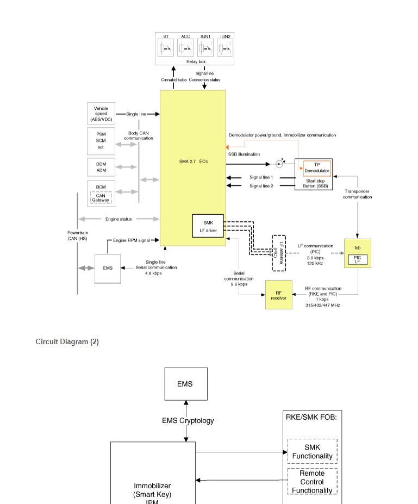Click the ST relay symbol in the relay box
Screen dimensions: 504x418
point(166,48)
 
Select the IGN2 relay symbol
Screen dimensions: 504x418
point(225,48)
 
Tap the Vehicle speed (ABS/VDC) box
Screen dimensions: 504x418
point(101,113)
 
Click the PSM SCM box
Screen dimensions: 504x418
point(101,141)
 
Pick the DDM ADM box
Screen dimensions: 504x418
point(101,167)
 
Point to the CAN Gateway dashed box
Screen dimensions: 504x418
point(101,198)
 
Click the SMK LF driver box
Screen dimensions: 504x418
point(208,226)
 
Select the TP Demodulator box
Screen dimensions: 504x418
point(317,168)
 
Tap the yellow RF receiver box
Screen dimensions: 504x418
point(278,295)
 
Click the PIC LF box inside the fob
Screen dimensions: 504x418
point(357,259)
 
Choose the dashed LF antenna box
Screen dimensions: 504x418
point(279,253)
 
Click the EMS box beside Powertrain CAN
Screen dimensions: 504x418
point(108,268)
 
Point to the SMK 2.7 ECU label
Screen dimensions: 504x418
point(194,161)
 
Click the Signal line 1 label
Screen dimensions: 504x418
point(261,177)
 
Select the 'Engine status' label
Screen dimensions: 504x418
point(118,219)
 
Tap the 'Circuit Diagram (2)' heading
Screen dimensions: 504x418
point(67,342)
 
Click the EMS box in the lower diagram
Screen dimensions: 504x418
point(186,384)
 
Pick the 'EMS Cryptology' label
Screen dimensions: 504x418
point(188,421)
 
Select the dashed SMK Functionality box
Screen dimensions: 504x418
point(312,452)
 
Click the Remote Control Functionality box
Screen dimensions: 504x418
point(312,482)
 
